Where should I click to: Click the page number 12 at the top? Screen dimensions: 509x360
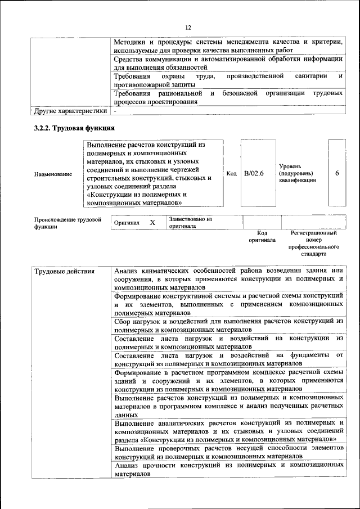(x=188, y=27)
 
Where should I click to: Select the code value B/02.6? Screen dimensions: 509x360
(x=254, y=173)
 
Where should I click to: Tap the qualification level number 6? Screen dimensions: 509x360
(x=337, y=173)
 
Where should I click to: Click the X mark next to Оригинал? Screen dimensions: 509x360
(x=152, y=223)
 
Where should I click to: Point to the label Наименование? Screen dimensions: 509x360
(x=53, y=174)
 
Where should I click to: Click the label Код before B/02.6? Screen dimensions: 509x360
(x=231, y=173)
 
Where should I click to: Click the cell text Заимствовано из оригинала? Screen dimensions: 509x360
(x=190, y=223)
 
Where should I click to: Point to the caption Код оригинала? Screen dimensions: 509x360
(x=262, y=236)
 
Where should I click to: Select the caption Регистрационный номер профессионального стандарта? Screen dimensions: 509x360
(x=313, y=243)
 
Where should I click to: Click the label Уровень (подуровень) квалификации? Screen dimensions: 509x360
(x=298, y=173)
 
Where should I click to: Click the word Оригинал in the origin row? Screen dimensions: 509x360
(x=126, y=223)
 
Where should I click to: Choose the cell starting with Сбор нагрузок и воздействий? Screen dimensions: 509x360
(x=228, y=326)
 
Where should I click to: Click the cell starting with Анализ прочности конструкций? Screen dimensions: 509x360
(x=228, y=470)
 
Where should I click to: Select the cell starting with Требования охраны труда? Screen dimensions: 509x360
(x=228, y=79)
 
